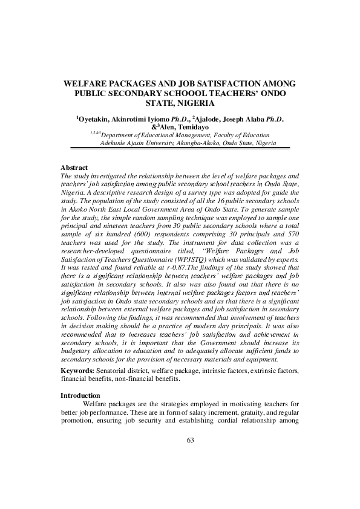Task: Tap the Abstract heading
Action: [74, 167]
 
